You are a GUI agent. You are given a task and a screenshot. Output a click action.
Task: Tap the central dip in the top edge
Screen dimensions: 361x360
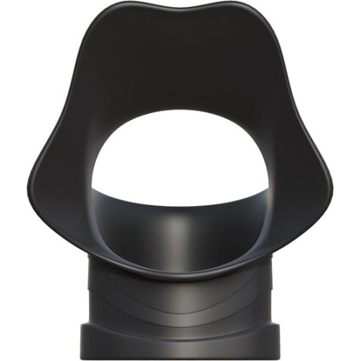181,14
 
